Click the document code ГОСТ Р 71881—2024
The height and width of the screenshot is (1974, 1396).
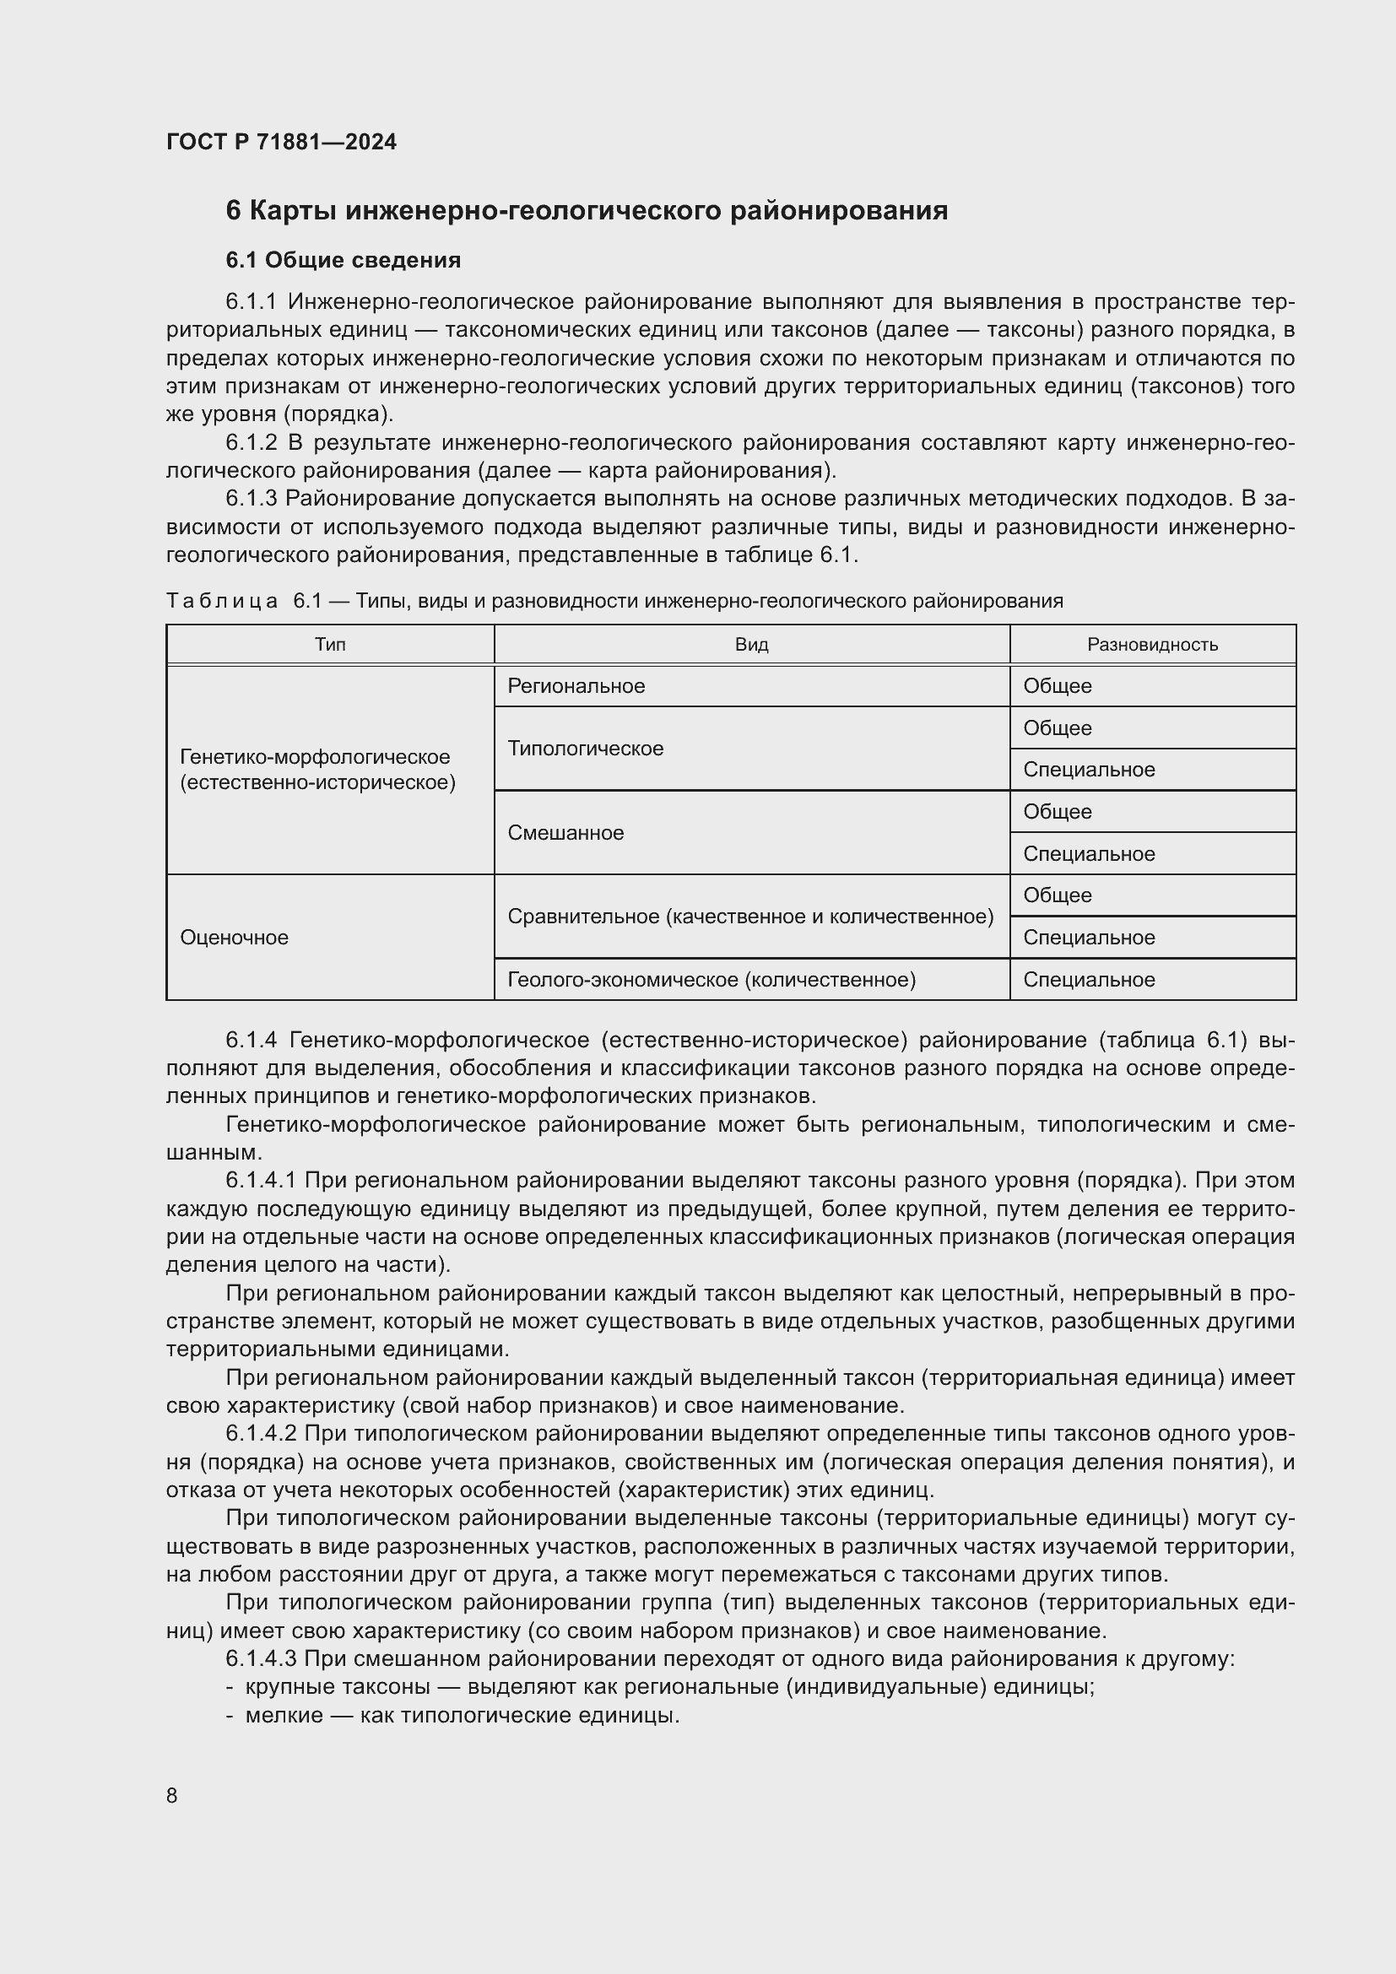point(281,142)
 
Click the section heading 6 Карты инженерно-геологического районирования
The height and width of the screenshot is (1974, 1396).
point(587,211)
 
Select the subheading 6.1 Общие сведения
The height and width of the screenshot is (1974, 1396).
point(343,260)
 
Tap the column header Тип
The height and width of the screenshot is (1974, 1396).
point(330,645)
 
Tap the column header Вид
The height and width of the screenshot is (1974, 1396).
point(751,645)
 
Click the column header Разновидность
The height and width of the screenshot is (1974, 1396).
point(1152,645)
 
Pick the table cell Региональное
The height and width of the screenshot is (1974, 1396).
point(576,686)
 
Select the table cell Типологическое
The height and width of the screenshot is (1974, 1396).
point(586,748)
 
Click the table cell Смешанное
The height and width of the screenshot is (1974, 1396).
point(565,832)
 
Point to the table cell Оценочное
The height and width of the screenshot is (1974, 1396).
point(234,937)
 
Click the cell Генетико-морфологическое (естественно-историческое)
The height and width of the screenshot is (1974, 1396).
point(317,770)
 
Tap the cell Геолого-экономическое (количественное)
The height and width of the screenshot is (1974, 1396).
point(711,979)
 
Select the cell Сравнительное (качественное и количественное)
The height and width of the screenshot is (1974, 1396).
point(750,917)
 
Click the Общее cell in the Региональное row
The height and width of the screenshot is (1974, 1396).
point(1058,686)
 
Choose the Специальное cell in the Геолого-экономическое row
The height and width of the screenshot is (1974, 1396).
point(1089,979)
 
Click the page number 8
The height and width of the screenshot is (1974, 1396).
point(172,1795)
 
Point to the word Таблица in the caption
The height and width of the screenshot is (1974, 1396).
point(222,601)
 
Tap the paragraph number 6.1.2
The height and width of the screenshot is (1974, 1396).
point(251,443)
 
